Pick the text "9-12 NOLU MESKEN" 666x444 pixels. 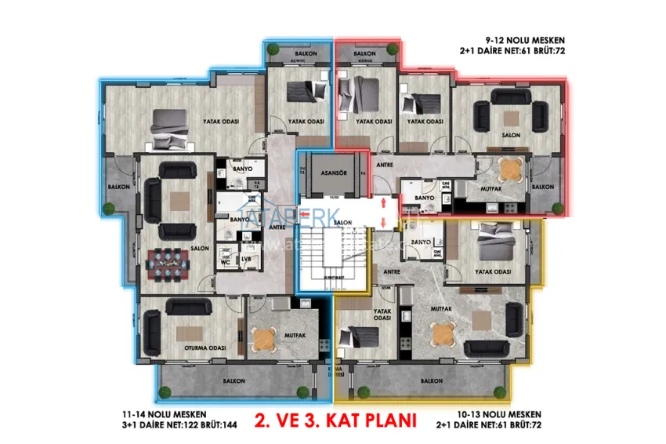point(524,39)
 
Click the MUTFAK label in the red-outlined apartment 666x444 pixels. point(490,188)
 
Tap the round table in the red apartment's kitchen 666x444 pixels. point(510,168)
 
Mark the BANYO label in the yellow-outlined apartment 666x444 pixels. point(422,242)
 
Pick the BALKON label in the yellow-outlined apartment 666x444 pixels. point(430,380)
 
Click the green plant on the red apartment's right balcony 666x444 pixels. point(557,208)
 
